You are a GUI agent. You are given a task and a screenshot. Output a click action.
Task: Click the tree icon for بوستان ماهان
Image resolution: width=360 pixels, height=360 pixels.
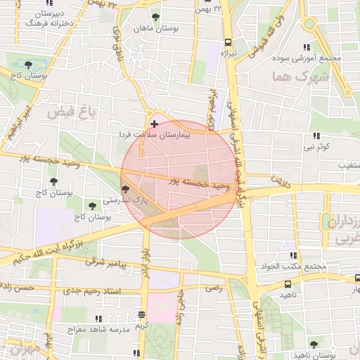coord(155,17)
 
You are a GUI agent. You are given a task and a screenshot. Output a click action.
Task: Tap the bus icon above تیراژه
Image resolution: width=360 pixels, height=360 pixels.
coord(227,41)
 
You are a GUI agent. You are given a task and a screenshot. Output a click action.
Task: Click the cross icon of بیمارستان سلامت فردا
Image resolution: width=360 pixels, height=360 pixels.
coord(155,124)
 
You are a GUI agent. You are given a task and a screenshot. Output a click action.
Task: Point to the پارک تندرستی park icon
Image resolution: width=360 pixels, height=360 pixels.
coord(125,189)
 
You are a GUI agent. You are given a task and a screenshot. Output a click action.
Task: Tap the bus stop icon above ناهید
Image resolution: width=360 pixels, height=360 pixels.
coord(288,284)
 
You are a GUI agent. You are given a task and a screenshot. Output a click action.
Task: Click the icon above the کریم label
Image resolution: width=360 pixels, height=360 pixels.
coord(143,315)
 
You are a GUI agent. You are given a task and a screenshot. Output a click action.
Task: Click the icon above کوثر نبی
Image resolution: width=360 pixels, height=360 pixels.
coord(316,136)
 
